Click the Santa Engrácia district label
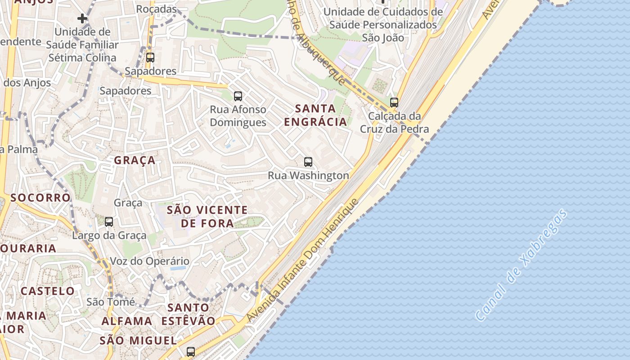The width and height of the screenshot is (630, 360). point(315,115)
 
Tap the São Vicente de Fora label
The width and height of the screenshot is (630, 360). point(207,216)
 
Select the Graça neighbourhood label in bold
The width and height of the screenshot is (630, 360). point(135,160)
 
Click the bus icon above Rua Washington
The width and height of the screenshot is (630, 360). point(308,162)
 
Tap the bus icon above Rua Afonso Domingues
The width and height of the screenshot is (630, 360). point(238,96)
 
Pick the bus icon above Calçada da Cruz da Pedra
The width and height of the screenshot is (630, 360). point(394,103)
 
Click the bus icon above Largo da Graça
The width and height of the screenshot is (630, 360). point(109,221)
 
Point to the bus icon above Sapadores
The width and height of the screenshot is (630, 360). point(150,58)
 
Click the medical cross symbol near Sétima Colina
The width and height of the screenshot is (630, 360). point(82,18)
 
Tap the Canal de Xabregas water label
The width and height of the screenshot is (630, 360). point(521,265)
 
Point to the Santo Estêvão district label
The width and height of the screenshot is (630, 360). point(188,314)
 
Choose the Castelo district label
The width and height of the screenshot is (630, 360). point(47,291)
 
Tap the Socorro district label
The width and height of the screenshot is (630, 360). point(40,198)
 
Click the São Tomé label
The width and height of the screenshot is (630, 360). point(110,302)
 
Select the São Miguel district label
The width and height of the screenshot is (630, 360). point(138,340)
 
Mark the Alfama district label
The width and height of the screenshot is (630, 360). point(127,321)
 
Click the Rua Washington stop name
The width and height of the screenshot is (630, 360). point(308,175)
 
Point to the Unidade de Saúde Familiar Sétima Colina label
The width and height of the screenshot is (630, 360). point(83,45)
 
